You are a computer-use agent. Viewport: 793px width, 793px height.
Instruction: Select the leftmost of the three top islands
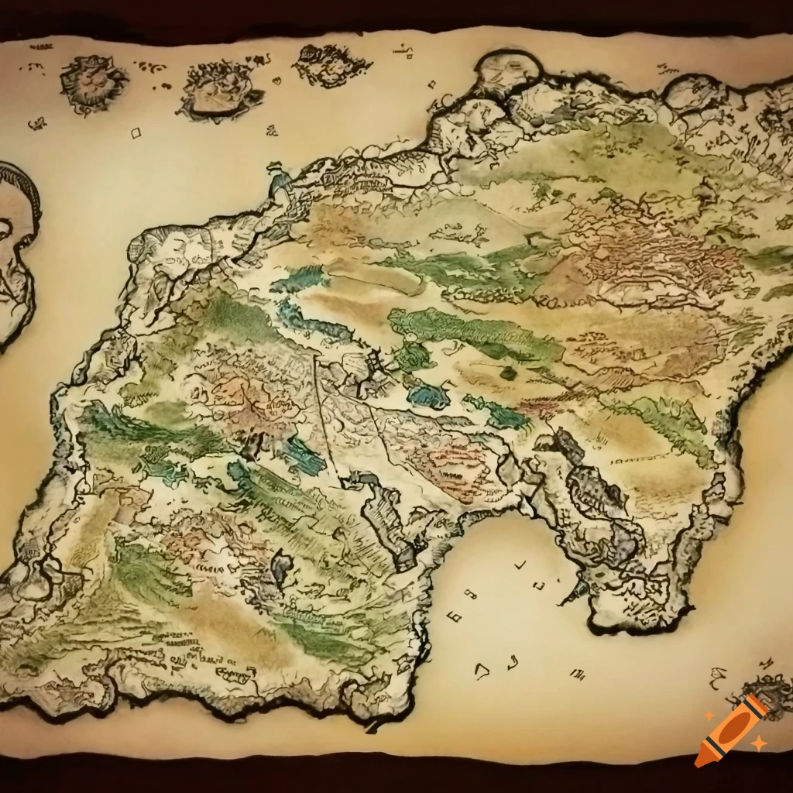pyautogui.click(x=93, y=81)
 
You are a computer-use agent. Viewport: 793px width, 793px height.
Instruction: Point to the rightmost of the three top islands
pyautogui.click(x=331, y=64)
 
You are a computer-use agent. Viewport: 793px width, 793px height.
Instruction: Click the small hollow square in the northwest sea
pyautogui.click(x=136, y=133)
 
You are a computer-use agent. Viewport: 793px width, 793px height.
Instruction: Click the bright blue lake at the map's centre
pyautogui.click(x=428, y=396)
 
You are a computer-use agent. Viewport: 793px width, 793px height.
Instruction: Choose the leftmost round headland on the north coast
pyautogui.click(x=507, y=71)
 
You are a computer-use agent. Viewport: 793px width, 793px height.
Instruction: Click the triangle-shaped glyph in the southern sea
pyautogui.click(x=482, y=671)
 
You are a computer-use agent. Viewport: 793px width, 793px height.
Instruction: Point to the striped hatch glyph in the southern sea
pyautogui.click(x=577, y=673)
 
